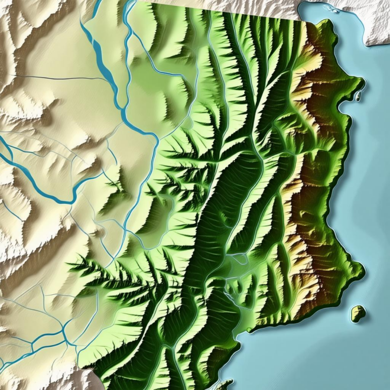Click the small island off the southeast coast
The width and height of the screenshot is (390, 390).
[357, 314]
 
